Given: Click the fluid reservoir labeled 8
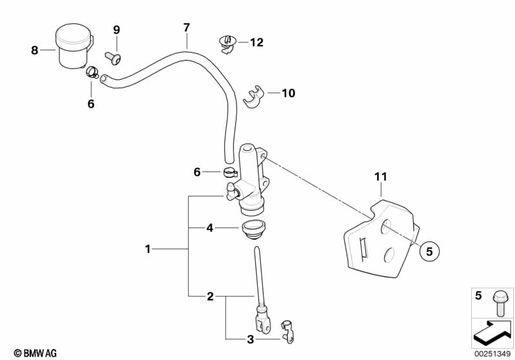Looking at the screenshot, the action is [x=74, y=46].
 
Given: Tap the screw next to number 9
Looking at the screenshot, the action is [x=113, y=58].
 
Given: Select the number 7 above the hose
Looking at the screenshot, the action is [x=186, y=28].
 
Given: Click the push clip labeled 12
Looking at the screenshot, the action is [x=228, y=44].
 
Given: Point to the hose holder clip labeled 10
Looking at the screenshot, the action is [x=253, y=97].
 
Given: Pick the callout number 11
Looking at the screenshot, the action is [x=381, y=177].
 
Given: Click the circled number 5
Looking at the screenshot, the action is [x=429, y=251].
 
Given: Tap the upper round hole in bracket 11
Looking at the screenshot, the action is [x=386, y=227].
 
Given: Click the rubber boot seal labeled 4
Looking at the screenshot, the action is [x=253, y=229].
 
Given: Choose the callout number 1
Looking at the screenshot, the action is [x=148, y=249].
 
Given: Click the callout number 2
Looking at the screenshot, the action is [x=210, y=296].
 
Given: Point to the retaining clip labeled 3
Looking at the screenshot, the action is [x=287, y=332].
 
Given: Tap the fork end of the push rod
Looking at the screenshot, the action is [x=263, y=323].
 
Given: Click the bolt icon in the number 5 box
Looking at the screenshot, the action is [x=500, y=303].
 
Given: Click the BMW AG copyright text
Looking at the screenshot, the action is [x=35, y=353].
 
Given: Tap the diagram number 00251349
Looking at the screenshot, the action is [x=492, y=354].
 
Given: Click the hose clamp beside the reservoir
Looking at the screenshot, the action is [x=92, y=72].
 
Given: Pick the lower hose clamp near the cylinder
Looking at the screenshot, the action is [x=230, y=172].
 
